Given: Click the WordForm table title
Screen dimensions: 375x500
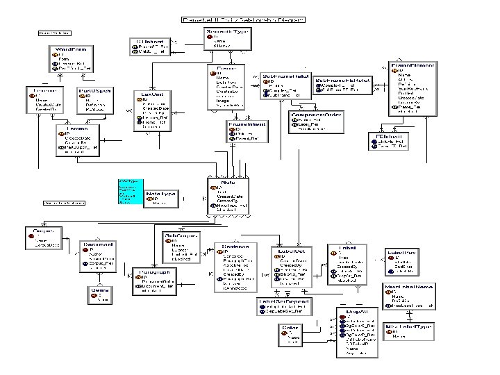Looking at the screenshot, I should (69, 50).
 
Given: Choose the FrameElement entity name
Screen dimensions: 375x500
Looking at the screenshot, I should (413, 65).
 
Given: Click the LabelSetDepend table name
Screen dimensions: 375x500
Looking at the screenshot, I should (283, 301).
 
